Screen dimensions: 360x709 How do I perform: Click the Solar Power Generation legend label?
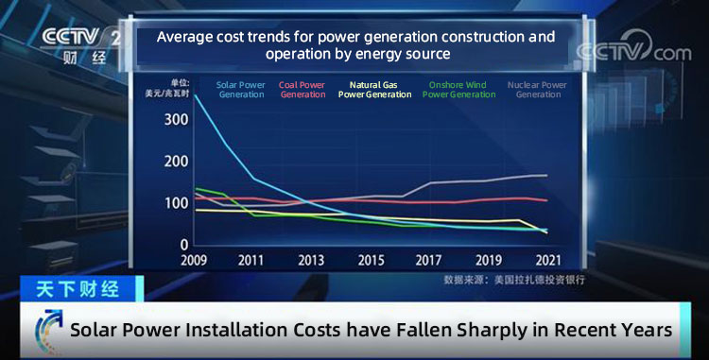[x=241, y=90]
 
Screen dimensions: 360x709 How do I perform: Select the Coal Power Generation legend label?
[x=303, y=90]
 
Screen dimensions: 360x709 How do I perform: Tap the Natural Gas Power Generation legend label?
[x=374, y=90]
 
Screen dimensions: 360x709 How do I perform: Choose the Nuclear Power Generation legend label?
[x=537, y=90]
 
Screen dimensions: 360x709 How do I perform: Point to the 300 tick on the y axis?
[x=177, y=121]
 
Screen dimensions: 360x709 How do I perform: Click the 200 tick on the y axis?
[x=177, y=162]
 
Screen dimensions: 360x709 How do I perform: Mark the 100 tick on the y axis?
[x=177, y=203]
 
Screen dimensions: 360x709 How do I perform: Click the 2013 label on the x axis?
[x=311, y=261]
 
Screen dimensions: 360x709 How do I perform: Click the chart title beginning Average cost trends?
[x=355, y=45]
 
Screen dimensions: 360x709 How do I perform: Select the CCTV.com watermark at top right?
[x=633, y=53]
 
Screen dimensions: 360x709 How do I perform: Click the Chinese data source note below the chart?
[x=514, y=281]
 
